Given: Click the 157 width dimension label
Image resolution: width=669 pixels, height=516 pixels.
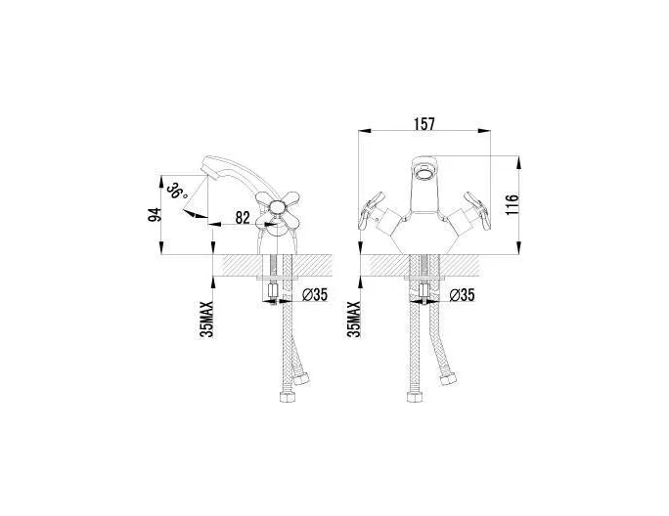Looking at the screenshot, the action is click(424, 124).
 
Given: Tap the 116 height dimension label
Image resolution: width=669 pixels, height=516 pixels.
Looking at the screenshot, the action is click(511, 204).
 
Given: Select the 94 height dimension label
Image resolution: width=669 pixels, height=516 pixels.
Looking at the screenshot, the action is click(154, 214).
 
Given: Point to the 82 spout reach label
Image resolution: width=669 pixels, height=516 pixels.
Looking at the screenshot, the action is click(243, 218).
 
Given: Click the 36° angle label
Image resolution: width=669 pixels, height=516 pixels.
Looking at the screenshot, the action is click(177, 191).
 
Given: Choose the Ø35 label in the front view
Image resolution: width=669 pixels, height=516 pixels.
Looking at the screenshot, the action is click(462, 295).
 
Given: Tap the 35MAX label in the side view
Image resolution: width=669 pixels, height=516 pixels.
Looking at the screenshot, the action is click(206, 320).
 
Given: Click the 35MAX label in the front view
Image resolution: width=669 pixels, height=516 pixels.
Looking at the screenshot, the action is click(354, 320).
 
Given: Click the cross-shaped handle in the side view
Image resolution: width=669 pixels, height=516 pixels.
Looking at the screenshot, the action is click(278, 208).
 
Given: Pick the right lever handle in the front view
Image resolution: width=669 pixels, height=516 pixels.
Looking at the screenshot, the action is click(476, 210).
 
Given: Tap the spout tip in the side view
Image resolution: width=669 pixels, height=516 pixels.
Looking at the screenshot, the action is click(205, 168).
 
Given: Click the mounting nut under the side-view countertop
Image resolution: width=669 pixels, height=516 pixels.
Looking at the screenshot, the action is click(272, 291).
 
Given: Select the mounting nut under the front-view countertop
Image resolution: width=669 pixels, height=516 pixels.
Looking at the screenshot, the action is click(424, 291).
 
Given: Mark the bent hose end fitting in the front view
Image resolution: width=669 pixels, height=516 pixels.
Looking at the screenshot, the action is click(448, 378).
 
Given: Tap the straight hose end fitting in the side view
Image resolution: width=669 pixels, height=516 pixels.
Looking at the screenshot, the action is click(288, 397).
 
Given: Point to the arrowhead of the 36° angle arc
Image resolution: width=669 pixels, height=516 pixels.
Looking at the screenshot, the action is click(191, 213).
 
